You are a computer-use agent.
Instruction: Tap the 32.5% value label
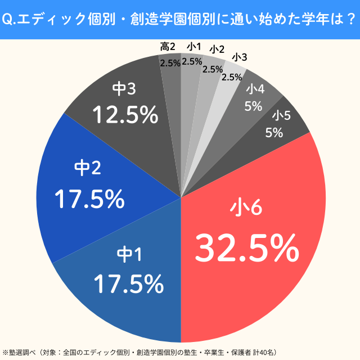tap(246, 247)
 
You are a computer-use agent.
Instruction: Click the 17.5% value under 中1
tap(128, 284)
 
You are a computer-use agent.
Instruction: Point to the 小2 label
tap(217, 50)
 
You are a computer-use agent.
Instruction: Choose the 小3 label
tap(239, 57)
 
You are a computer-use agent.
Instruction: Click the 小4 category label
tap(256, 88)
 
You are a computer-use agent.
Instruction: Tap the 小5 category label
tap(282, 116)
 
